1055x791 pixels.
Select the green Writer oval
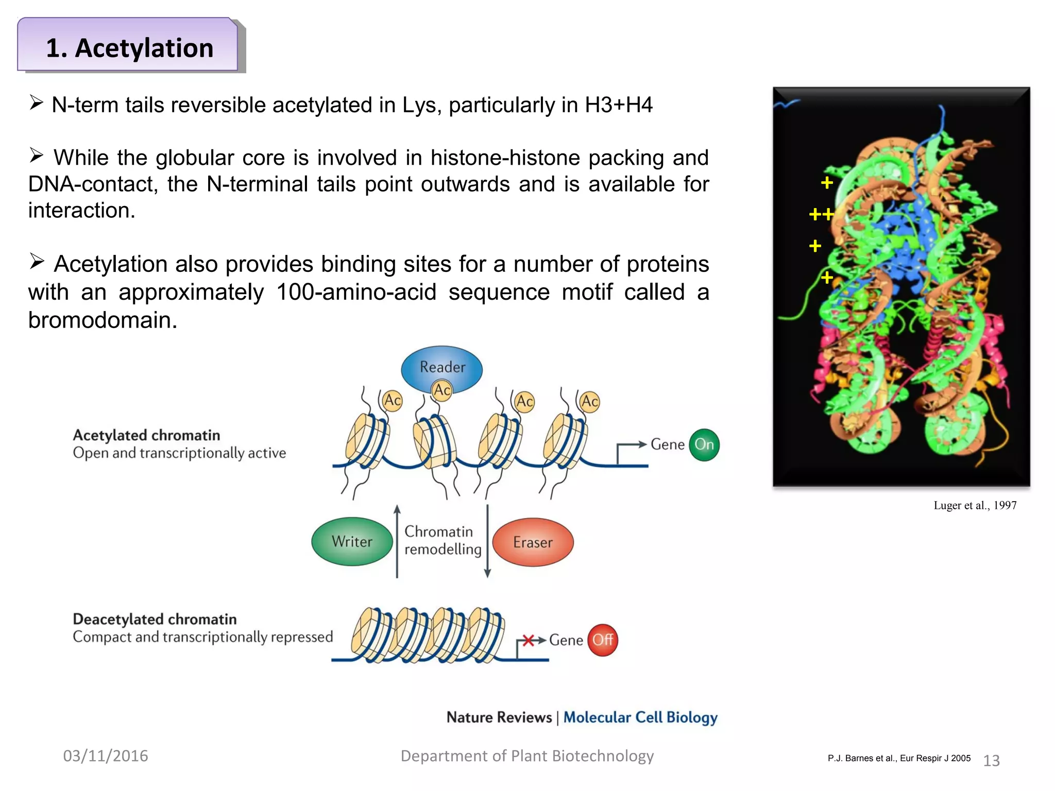pyautogui.click(x=352, y=542)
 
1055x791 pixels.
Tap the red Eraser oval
pyautogui.click(x=533, y=542)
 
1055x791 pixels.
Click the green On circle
pyautogui.click(x=704, y=444)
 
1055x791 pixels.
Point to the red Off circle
pyautogui.click(x=603, y=640)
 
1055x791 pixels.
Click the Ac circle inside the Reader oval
pyautogui.click(x=442, y=390)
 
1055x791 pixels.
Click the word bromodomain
pyautogui.click(x=103, y=320)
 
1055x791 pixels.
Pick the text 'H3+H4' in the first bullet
pyautogui.click(x=618, y=105)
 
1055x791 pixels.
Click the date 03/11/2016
pyautogui.click(x=106, y=755)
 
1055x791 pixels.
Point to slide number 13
pyautogui.click(x=992, y=761)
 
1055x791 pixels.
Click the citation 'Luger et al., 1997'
pyautogui.click(x=975, y=505)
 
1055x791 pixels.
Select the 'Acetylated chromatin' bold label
pyautogui.click(x=146, y=435)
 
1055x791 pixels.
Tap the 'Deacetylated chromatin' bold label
pyautogui.click(x=155, y=619)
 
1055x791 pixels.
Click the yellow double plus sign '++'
pyautogui.click(x=821, y=214)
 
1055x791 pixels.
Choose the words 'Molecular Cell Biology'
pyautogui.click(x=640, y=717)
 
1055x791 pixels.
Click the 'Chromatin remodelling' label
pyautogui.click(x=443, y=540)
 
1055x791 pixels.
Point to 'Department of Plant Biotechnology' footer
pyautogui.click(x=527, y=756)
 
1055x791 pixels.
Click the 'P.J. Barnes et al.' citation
pyautogui.click(x=899, y=758)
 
